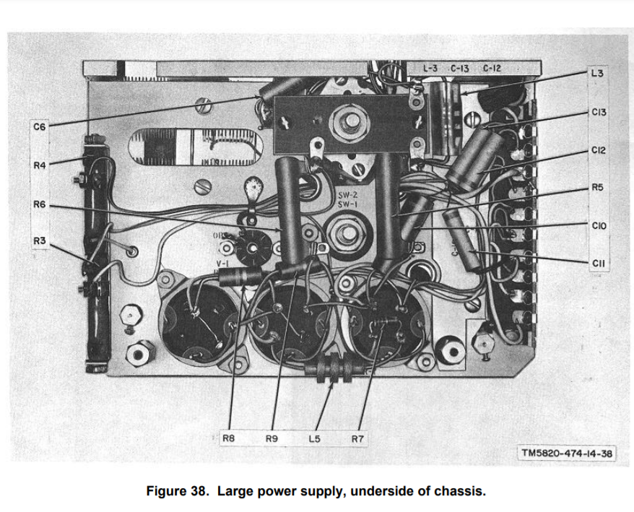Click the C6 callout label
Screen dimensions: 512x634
39,127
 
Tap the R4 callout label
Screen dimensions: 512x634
39,165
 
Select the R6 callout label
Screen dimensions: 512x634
39,204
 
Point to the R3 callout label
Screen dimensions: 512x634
39,240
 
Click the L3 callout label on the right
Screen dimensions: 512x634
596,74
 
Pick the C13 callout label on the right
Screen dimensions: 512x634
598,113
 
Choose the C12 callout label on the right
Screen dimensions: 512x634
598,150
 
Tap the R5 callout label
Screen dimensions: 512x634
596,188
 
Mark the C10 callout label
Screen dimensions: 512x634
598,226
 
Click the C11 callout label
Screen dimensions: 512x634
597,264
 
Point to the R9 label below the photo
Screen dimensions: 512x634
272,438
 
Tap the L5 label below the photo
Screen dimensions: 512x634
314,438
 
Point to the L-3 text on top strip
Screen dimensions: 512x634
431,69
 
